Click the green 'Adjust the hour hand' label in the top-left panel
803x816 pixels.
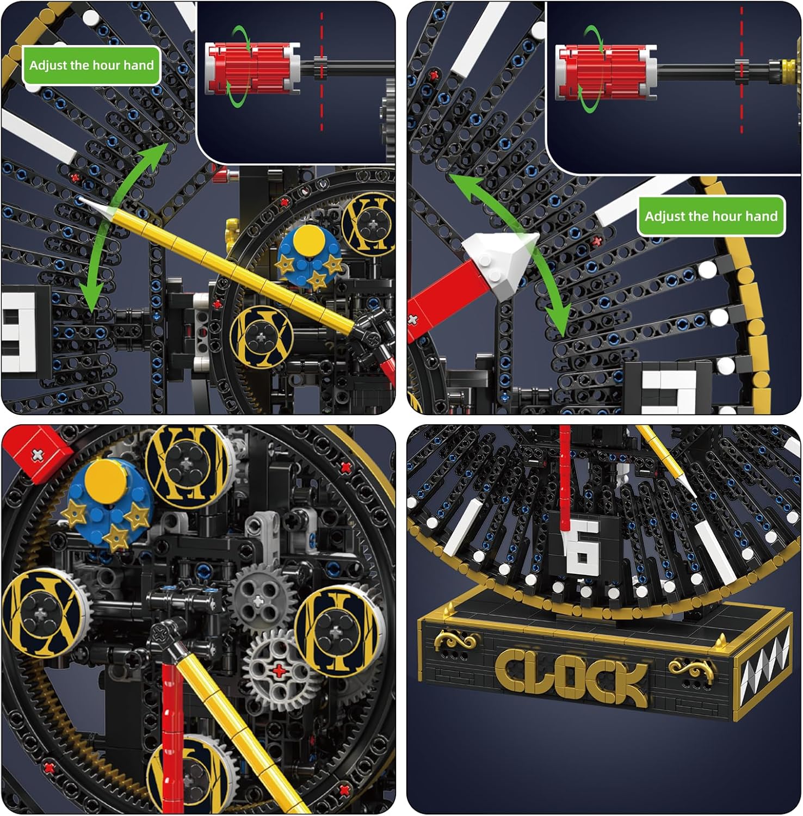pyautogui.click(x=91, y=65)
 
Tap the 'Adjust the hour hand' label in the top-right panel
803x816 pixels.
pyautogui.click(x=711, y=216)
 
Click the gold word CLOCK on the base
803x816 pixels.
pyautogui.click(x=571, y=676)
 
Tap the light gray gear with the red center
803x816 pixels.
pyautogui.click(x=279, y=670)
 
